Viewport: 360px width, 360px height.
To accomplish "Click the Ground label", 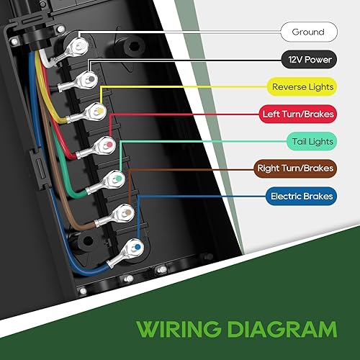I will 307,32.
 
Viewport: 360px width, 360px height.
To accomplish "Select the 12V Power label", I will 307,60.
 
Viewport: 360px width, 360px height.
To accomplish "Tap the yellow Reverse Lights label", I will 303,87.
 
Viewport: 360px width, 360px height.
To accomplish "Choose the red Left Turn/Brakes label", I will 297,114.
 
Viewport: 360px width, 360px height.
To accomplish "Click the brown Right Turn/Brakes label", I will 296,168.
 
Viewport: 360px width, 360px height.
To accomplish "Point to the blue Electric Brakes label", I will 302,196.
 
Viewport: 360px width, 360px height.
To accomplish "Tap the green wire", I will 65,180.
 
